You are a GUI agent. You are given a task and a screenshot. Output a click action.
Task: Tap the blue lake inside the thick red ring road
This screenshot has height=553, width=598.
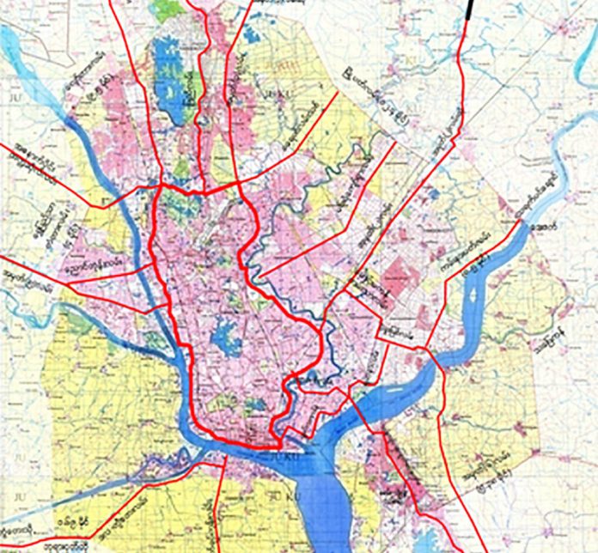click(x=226, y=332)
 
